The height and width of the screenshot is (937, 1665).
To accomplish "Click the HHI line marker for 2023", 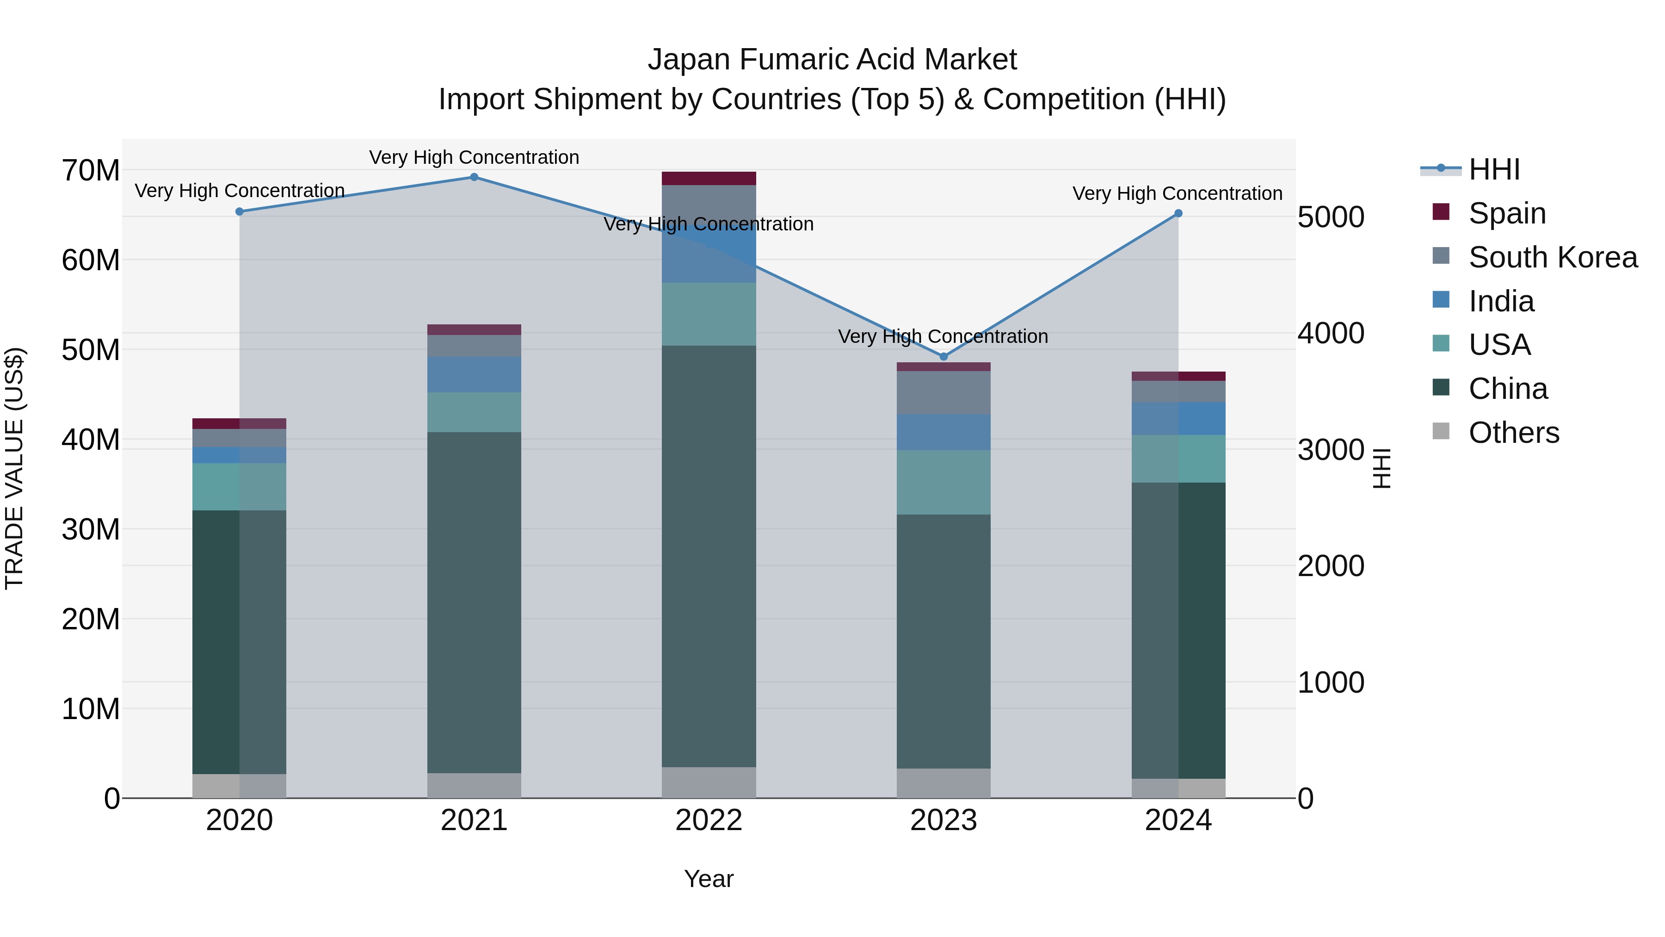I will coord(943,356).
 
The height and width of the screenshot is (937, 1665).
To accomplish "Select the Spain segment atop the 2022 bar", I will coord(709,179).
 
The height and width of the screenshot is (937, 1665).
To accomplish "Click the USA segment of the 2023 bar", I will coord(943,483).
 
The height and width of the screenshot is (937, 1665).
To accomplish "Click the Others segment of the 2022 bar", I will coord(709,782).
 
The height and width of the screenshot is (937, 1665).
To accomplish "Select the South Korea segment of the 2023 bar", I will coord(943,392).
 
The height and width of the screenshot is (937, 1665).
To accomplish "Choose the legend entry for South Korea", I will coord(1553,257).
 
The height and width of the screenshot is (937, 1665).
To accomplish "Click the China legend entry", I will coord(1507,389).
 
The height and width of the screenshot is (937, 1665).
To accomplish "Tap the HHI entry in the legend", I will coord(1494,169).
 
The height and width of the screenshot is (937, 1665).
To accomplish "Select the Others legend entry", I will coord(1513,433).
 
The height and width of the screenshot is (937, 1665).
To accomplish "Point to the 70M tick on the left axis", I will coord(91,171).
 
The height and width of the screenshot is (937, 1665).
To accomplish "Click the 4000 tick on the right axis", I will coord(1331,334).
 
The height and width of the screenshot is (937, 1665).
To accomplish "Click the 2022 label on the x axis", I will coord(709,820).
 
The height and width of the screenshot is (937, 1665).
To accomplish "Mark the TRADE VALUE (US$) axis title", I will coord(14,468).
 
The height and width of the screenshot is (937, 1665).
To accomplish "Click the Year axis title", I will coord(709,879).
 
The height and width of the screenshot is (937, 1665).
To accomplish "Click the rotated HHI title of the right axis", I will coord(1381,468).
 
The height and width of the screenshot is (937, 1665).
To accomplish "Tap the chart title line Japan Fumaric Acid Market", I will coord(832,60).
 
